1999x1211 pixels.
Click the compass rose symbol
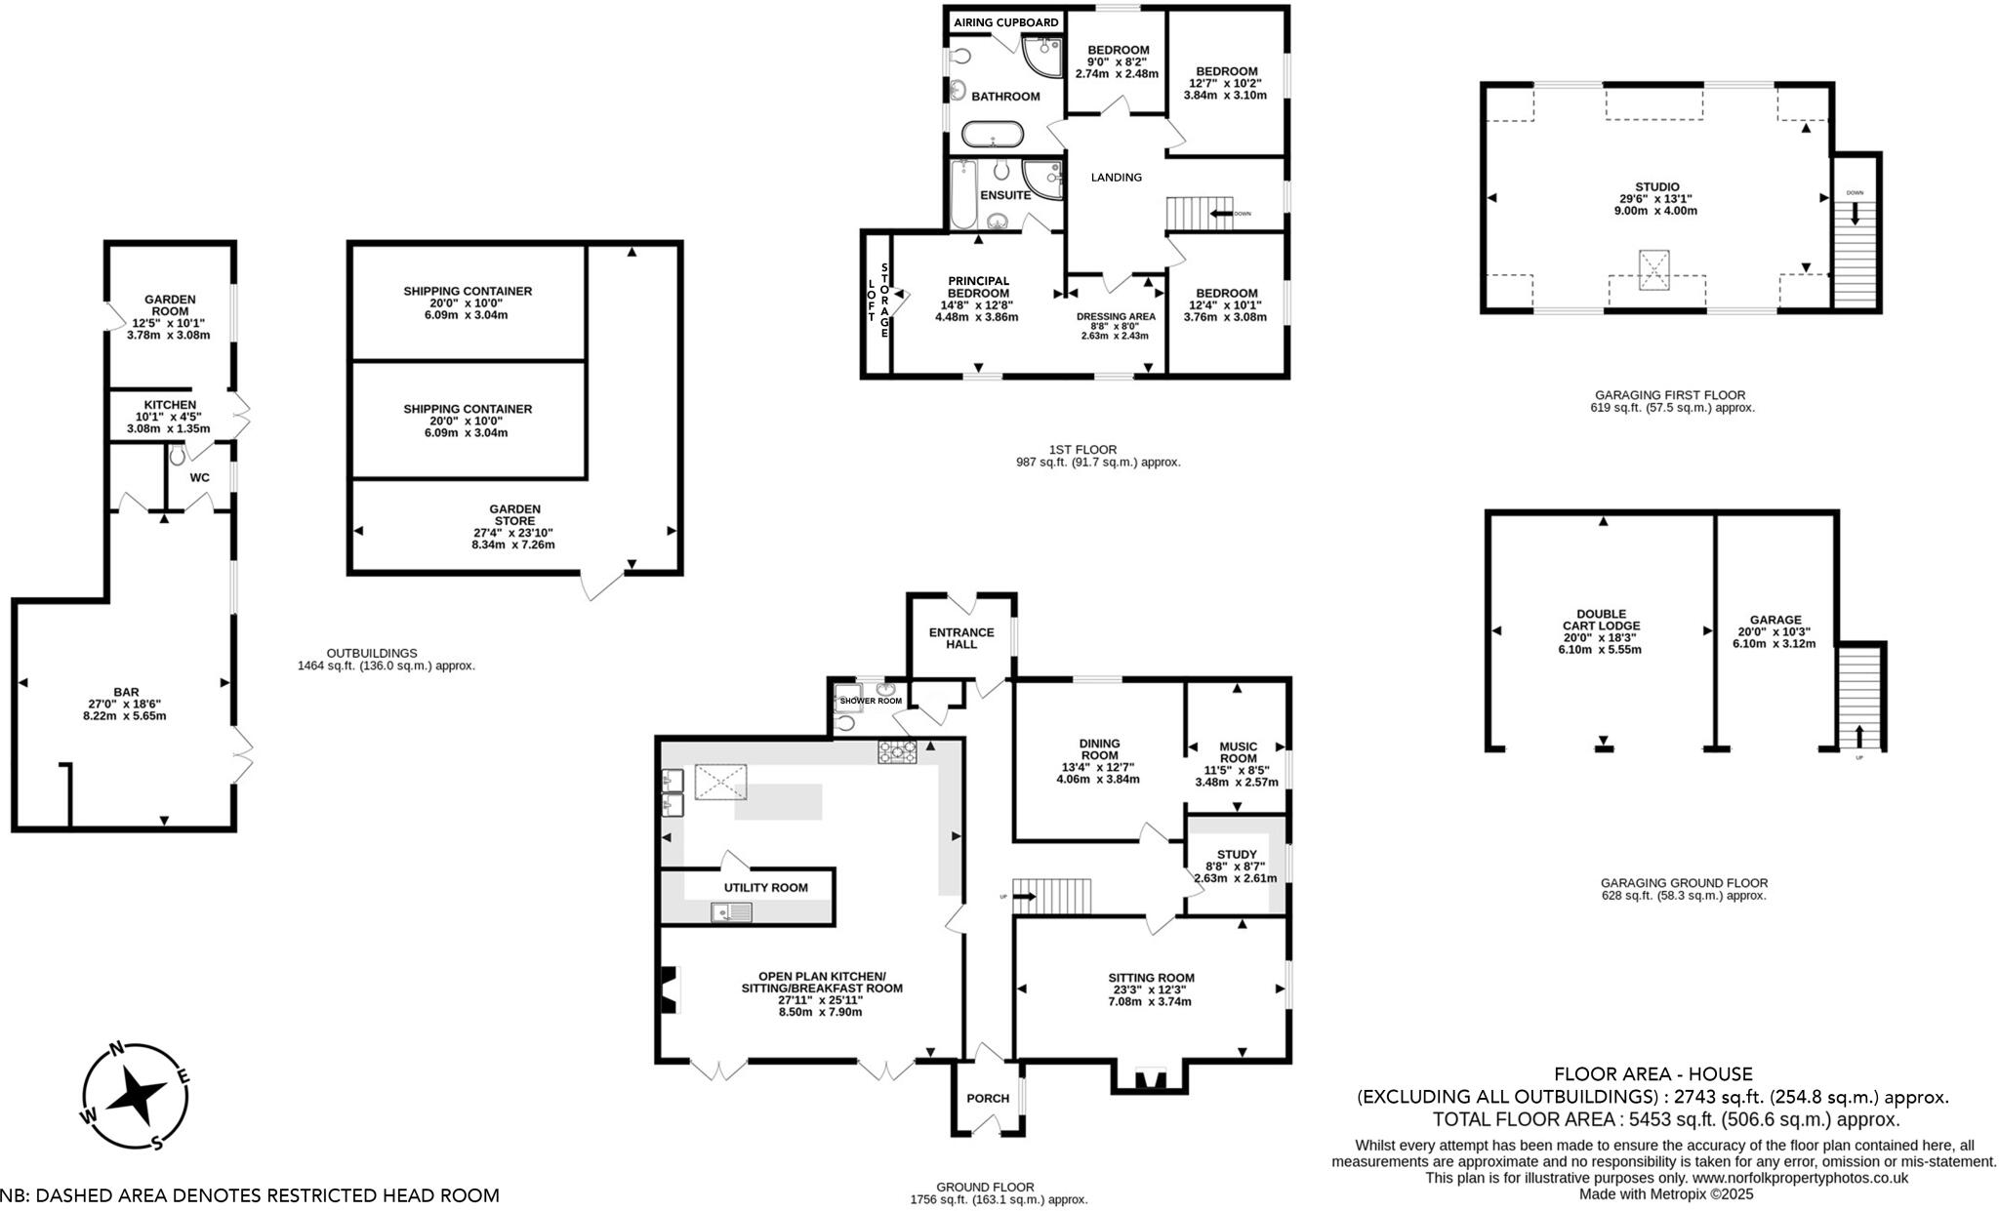click(x=135, y=1096)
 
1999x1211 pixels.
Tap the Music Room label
click(x=1239, y=752)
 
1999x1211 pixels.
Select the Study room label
click(x=1237, y=854)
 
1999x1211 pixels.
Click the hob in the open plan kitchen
click(x=898, y=751)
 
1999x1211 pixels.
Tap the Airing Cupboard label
click(x=1005, y=22)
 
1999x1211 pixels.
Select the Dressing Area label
click(x=1116, y=316)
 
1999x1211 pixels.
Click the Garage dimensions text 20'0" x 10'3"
click(x=1775, y=631)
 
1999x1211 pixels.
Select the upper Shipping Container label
click(x=468, y=291)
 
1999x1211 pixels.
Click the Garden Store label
click(x=514, y=514)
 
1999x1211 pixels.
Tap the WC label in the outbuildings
click(x=199, y=477)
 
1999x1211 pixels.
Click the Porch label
click(x=988, y=1098)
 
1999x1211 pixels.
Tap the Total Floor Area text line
click(x=1665, y=1119)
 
